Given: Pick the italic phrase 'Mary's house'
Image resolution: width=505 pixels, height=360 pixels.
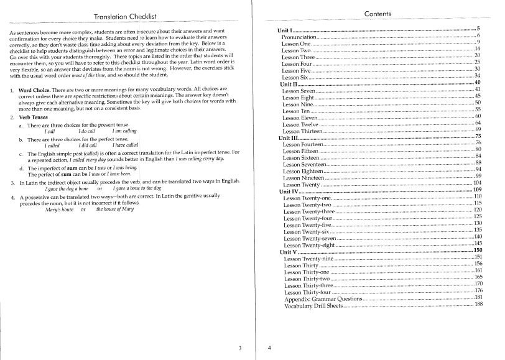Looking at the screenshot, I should [59, 210].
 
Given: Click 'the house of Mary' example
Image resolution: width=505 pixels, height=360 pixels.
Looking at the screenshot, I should [115, 210].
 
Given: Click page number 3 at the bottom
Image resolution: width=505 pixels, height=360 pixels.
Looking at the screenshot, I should [241, 348].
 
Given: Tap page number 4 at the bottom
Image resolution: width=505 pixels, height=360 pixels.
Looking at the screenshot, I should [269, 348].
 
